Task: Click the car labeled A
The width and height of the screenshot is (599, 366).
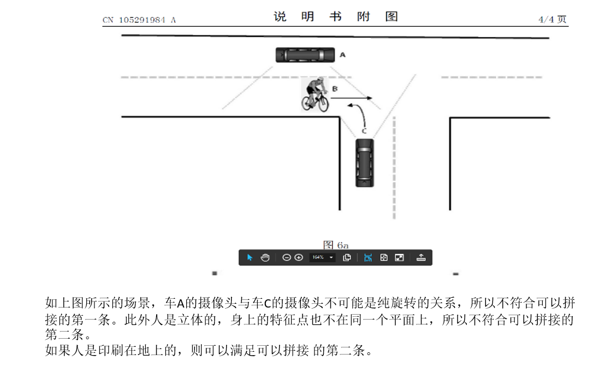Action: coord(304,55)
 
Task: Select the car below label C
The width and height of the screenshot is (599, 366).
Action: coord(365,162)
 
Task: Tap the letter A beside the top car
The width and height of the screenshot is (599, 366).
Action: coord(342,55)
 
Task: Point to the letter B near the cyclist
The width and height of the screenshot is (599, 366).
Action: coord(335,88)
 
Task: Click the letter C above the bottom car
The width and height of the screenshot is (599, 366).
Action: coord(364,131)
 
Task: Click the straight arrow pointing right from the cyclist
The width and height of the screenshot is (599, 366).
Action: coord(352,98)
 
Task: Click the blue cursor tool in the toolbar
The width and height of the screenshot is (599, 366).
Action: coord(250,257)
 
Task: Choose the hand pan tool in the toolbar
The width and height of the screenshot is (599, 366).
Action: coord(265,257)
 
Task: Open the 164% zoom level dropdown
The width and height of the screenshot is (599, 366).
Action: coord(323,257)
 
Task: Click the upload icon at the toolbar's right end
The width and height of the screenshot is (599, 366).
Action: coord(420,257)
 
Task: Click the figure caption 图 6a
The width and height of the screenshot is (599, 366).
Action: coord(336,244)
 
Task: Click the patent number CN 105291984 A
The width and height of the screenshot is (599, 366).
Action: coord(139,20)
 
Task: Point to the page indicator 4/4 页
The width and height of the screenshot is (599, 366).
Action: coord(552,20)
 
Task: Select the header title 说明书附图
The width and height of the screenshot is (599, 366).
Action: coord(335,17)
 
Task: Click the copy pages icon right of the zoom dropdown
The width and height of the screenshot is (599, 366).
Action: coord(347,257)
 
